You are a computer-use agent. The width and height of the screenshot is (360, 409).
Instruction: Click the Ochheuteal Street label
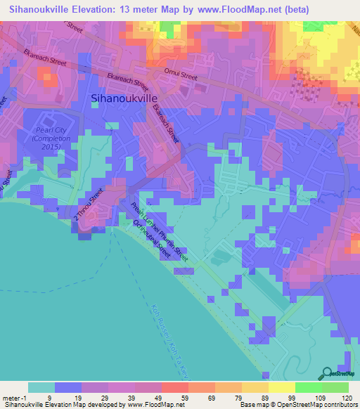tap(151, 240)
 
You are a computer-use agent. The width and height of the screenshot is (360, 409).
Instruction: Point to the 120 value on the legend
tap(346, 398)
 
